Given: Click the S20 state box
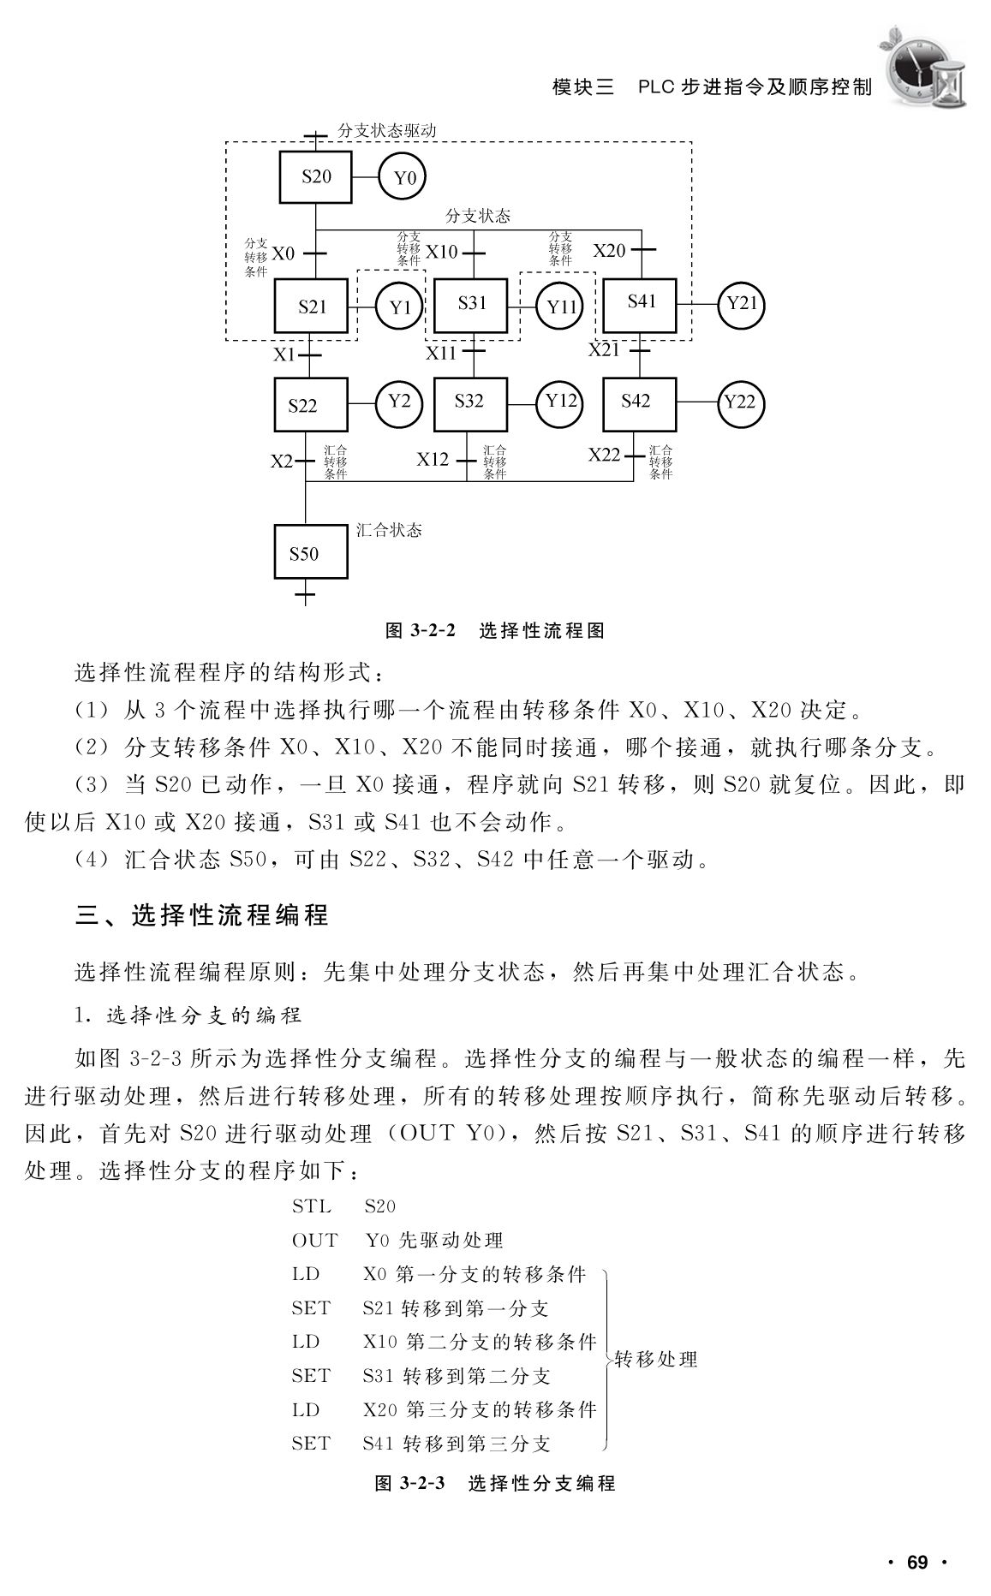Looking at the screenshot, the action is tap(316, 177).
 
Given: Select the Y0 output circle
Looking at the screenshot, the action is tap(403, 177).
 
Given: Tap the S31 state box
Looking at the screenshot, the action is tap(471, 305).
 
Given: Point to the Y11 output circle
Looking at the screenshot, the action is tap(561, 306).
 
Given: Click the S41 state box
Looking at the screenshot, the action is tap(641, 305).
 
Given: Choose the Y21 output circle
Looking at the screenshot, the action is tap(741, 304).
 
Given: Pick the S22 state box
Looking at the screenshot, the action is tap(310, 404).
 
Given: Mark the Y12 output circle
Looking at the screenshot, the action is tap(560, 402).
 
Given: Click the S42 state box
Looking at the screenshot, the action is tap(638, 403).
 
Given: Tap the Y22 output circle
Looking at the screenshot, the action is tap(740, 402).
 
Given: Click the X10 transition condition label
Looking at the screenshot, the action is tap(442, 252).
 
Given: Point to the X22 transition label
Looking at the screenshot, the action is tap(604, 455).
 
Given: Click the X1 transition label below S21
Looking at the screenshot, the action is tap(284, 354).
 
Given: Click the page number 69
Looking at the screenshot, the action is tap(917, 1563).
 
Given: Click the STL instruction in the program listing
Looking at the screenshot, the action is tap(311, 1206).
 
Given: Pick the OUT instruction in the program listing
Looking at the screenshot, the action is tap(314, 1241).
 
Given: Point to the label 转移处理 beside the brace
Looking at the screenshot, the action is tap(656, 1359).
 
